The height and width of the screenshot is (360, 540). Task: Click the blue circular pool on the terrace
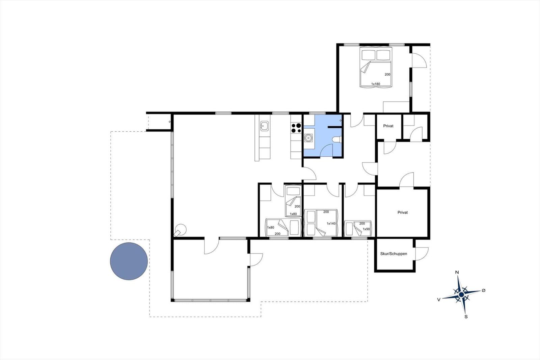[129, 261]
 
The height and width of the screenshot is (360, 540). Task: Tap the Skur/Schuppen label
[394, 254]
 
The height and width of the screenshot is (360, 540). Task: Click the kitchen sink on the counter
[265, 126]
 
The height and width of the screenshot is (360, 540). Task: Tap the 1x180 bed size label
[376, 84]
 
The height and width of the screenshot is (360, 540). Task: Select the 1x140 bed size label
[331, 224]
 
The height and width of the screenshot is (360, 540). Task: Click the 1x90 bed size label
[366, 229]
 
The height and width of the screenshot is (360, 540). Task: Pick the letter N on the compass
[457, 273]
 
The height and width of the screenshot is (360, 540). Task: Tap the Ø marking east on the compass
[483, 290]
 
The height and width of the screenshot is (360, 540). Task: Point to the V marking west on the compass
[439, 300]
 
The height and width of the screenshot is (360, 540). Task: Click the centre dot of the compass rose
[461, 294]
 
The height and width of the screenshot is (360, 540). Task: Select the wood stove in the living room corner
[180, 230]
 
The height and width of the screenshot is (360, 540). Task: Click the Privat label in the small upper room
[388, 126]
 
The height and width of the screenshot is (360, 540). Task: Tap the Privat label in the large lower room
[403, 212]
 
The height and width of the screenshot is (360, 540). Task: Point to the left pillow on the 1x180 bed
[368, 55]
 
